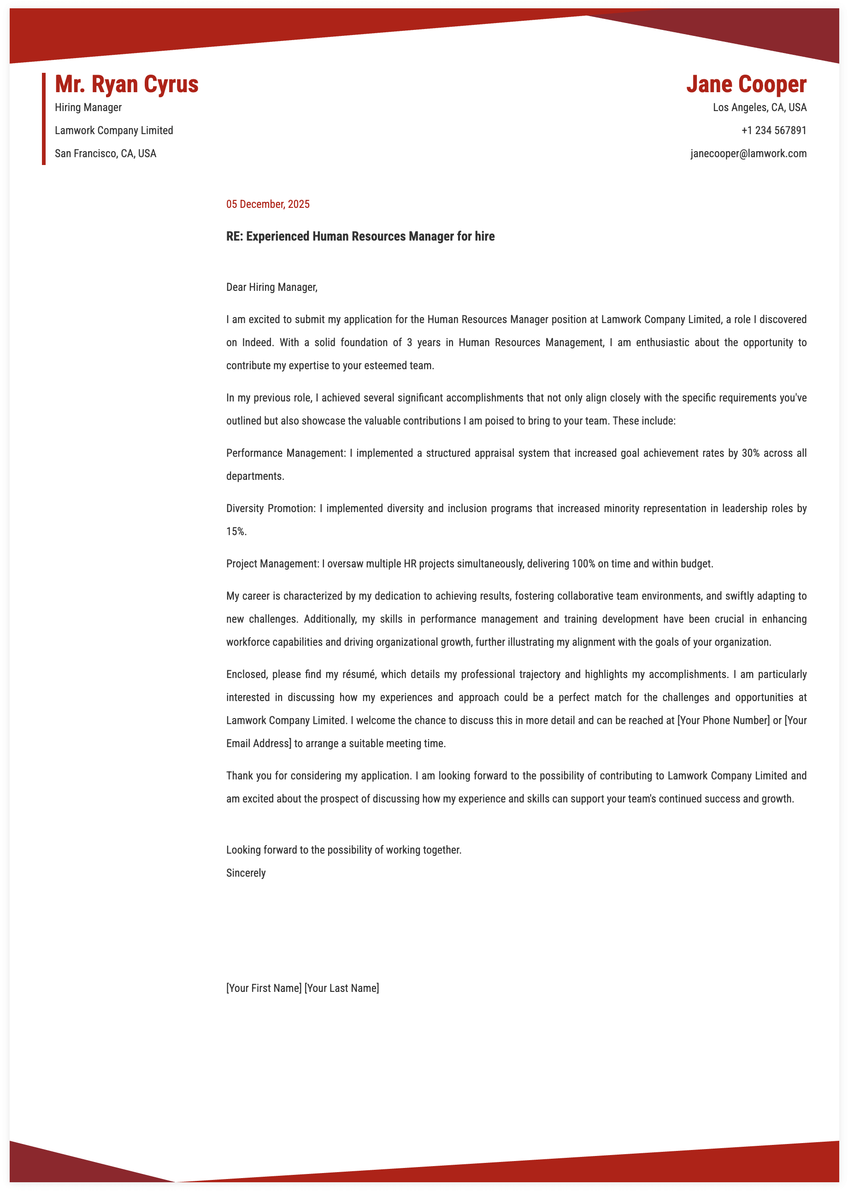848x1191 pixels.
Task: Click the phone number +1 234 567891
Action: [773, 130]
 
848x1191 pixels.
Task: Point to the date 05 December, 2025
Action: [267, 204]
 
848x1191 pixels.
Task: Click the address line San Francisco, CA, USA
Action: [106, 153]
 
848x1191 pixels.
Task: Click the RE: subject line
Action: [360, 236]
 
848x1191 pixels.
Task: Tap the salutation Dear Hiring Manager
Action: [271, 287]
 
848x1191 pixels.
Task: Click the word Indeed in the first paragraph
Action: [257, 342]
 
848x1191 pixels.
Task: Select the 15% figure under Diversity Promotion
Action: [236, 531]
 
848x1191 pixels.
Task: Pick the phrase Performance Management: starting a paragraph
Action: [286, 453]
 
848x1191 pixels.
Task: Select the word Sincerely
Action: [246, 873]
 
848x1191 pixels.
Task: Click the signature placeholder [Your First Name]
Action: [264, 988]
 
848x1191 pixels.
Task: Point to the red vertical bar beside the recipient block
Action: [44, 119]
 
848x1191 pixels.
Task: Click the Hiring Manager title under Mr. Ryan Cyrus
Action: [88, 107]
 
